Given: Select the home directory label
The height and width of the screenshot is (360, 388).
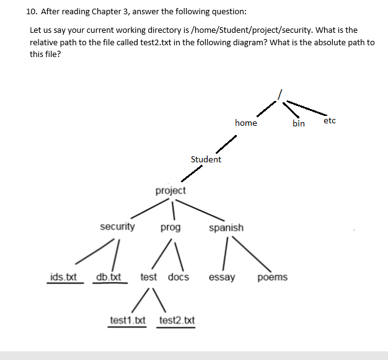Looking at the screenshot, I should click(x=246, y=123).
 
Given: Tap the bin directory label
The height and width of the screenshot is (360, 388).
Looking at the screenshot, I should click(x=299, y=123).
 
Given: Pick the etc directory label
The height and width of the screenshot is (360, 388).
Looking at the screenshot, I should click(x=330, y=120).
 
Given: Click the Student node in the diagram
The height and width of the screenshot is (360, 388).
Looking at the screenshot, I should click(x=206, y=159).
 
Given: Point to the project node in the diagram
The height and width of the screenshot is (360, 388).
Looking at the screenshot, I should click(x=170, y=190).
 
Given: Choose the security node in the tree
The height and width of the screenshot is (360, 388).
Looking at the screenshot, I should click(x=117, y=227).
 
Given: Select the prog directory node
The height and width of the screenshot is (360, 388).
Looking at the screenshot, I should click(x=170, y=227).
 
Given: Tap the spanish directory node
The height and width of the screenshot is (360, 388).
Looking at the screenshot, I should click(x=226, y=227).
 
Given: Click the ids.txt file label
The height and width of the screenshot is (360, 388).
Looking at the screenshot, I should click(x=63, y=277).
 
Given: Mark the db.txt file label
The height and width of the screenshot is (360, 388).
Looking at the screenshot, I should click(x=109, y=277).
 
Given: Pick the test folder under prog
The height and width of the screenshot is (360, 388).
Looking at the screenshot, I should click(x=149, y=277).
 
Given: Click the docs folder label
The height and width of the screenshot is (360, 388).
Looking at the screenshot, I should click(x=179, y=277).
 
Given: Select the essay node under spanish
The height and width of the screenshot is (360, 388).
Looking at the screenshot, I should click(x=222, y=277).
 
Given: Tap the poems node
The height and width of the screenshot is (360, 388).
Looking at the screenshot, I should click(x=273, y=277).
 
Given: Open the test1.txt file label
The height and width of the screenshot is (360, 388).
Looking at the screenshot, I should click(x=127, y=320).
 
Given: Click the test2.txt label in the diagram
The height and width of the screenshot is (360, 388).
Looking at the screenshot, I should click(x=177, y=320).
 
